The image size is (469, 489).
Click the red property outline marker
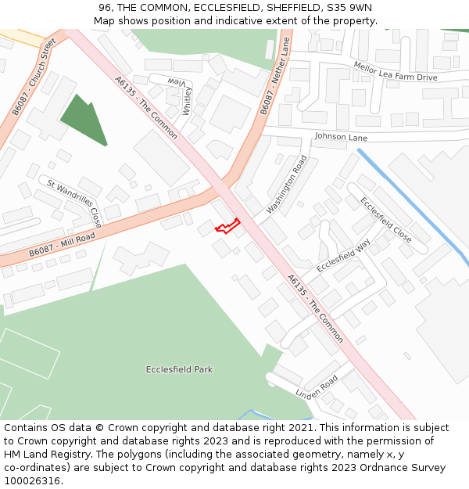coord(227,226)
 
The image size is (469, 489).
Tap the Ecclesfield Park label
coord(179,369)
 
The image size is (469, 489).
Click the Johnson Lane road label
coord(341,137)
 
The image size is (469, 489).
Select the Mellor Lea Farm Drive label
coord(395,72)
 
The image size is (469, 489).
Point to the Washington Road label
coord(287,185)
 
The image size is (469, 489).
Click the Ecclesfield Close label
coord(385,219)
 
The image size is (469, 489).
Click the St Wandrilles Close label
coord(73,202)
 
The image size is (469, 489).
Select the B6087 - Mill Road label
coord(62,245)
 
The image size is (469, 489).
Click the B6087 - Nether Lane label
coord(275,77)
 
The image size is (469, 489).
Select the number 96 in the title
coord(106,8)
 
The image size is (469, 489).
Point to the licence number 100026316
coord(32,480)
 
